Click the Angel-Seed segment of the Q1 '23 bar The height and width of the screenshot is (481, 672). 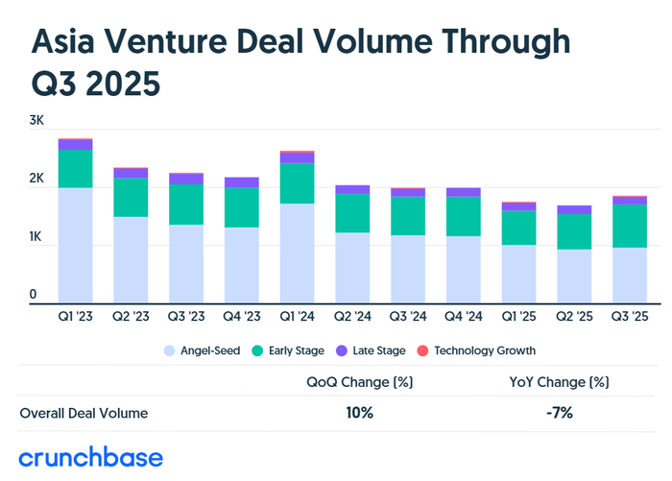75,245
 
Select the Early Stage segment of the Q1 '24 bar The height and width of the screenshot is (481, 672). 297,182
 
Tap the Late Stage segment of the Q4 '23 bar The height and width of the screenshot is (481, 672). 241,182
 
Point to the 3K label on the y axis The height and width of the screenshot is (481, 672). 37,121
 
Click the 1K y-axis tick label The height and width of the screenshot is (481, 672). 37,236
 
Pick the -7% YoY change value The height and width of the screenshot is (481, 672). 559,413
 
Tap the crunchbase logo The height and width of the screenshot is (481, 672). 91,456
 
